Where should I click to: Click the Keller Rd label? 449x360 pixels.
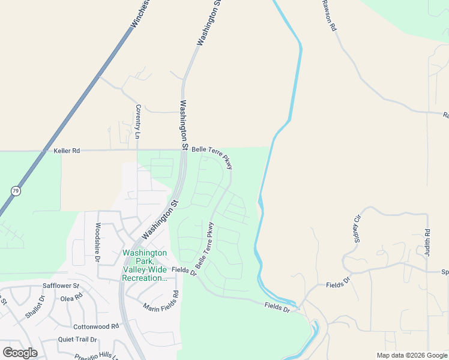point(66,151)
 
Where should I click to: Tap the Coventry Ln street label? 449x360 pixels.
point(137,122)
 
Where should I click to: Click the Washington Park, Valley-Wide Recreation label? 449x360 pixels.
point(145,265)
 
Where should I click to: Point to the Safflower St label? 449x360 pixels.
point(61,286)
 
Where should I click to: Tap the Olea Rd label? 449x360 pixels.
point(71,298)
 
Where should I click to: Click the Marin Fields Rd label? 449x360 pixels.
point(161,301)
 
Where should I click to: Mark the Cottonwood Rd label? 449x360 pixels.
point(96,326)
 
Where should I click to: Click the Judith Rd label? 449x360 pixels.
point(427,244)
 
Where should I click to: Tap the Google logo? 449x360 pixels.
point(20,353)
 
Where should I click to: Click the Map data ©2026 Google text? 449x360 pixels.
point(412,355)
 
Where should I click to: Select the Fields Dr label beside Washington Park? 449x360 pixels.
point(184,271)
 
